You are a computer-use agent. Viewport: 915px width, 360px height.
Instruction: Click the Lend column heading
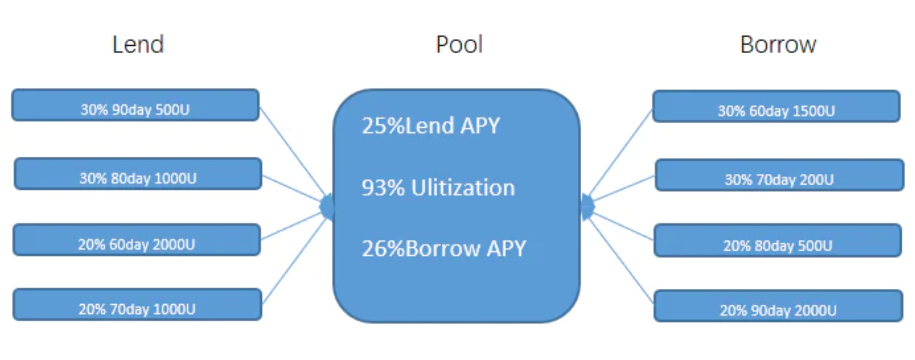pos(138,45)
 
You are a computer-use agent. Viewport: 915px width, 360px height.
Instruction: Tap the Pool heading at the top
pos(459,45)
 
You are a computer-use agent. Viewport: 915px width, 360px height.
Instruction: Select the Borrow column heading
pos(778,45)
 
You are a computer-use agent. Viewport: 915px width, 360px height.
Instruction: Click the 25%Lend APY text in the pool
pos(431,126)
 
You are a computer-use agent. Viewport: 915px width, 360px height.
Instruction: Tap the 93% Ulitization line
pos(438,188)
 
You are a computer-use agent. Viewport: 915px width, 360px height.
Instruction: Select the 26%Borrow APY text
pos(444,249)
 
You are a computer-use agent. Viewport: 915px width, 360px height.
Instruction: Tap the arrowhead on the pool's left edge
pos(327,207)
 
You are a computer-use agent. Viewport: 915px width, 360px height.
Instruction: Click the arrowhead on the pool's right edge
pos(587,207)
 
